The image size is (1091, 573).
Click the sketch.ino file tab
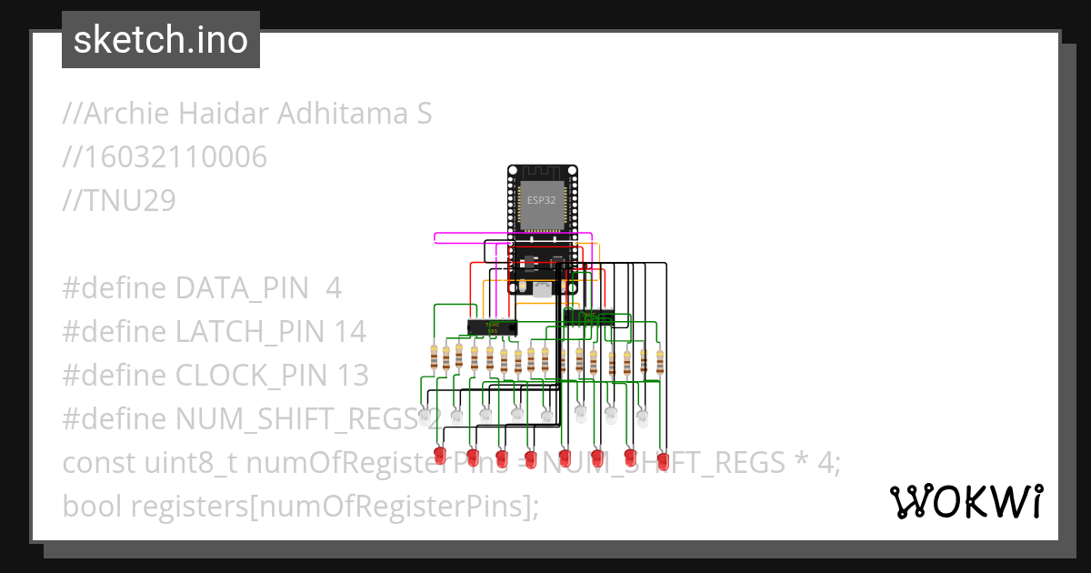tap(161, 40)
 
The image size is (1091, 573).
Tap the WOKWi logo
tap(966, 501)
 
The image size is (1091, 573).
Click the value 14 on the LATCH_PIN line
tap(349, 332)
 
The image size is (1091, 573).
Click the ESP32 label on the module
tap(542, 199)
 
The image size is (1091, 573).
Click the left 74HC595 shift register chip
tap(492, 326)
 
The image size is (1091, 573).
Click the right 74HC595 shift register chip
tap(588, 317)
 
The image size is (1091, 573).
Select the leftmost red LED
tap(440, 454)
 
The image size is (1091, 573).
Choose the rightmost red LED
tap(663, 460)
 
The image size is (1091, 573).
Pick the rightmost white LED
tap(643, 417)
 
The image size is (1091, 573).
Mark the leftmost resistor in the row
tap(434, 357)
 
